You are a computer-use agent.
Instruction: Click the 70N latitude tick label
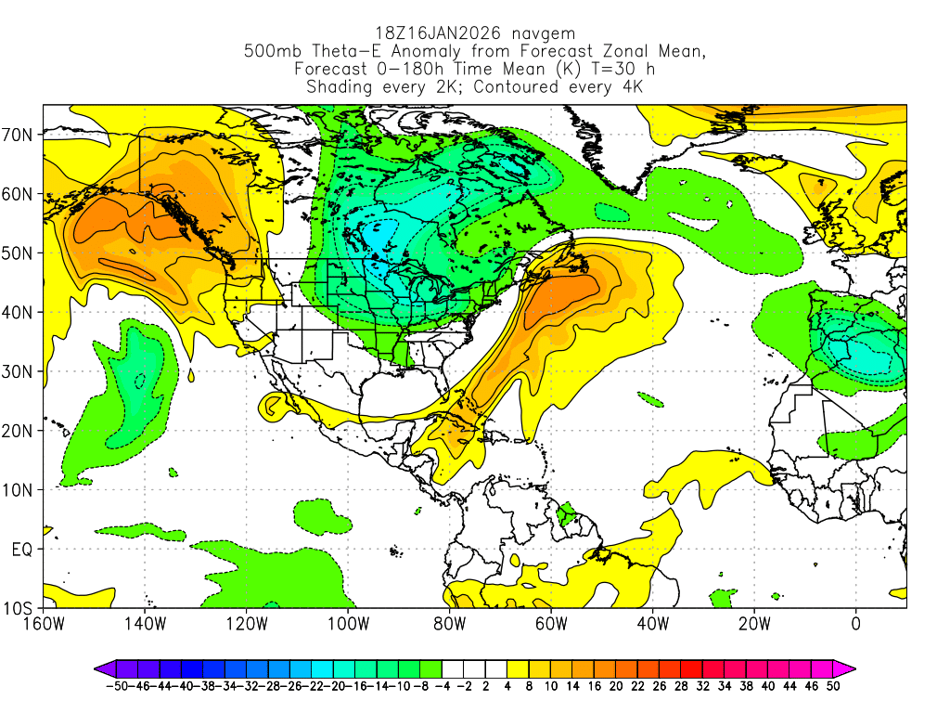tap(19, 135)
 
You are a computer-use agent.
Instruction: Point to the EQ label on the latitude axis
tap(21, 550)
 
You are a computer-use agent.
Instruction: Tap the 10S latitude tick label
tap(19, 609)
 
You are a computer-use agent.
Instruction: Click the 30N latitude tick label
tap(19, 371)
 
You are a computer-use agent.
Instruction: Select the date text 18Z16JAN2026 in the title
tap(432, 33)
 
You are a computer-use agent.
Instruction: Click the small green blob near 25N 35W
tap(652, 400)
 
